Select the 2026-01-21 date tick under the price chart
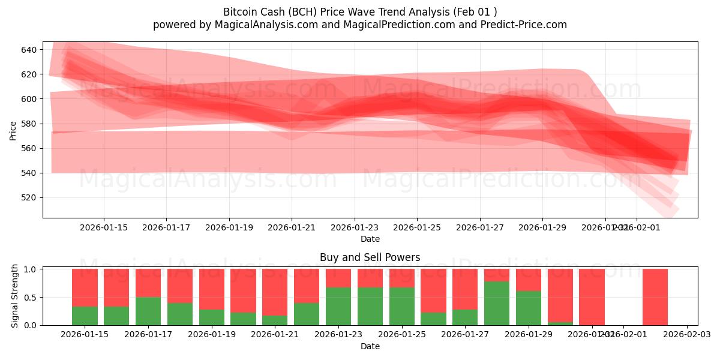click(x=292, y=228)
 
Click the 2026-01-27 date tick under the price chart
click(x=480, y=228)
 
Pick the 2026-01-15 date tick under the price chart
click(x=104, y=228)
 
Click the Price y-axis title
click(x=13, y=130)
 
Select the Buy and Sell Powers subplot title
click(x=370, y=257)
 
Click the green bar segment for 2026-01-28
click(x=497, y=303)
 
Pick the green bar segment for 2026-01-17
click(x=148, y=311)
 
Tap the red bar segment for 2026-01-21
click(x=275, y=292)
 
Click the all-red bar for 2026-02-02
click(x=655, y=297)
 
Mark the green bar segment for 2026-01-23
click(x=338, y=306)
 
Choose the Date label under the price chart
click(x=370, y=239)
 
